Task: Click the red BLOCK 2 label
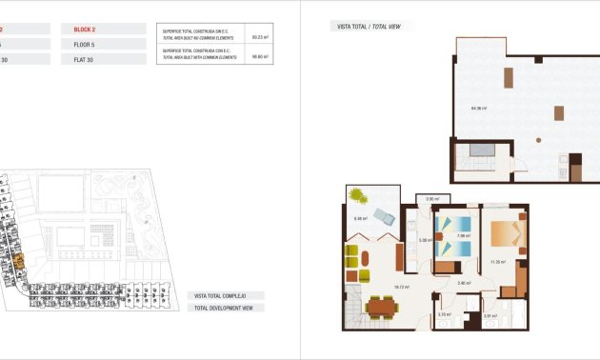click(x=85, y=30)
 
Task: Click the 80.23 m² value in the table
click(x=257, y=36)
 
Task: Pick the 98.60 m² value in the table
click(x=257, y=55)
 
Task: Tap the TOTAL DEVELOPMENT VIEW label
click(x=227, y=308)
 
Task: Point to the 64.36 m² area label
click(x=478, y=108)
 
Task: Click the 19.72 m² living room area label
click(x=374, y=286)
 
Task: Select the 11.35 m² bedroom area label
click(x=497, y=260)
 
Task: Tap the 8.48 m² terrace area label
click(x=360, y=219)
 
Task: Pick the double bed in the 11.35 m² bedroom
click(x=506, y=234)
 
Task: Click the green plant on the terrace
click(x=357, y=195)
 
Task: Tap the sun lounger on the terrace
click(x=384, y=215)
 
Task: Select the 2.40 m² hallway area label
click(x=463, y=282)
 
